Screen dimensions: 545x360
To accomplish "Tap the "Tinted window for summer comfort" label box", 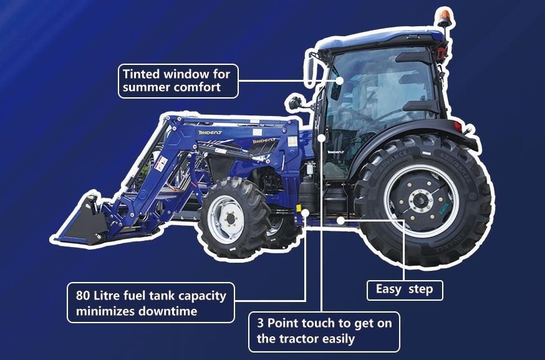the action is [x=178, y=81].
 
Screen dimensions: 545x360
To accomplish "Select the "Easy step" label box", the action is [x=405, y=290].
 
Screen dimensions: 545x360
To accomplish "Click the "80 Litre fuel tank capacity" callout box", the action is [x=151, y=303].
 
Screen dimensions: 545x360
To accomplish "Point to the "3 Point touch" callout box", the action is [x=324, y=332].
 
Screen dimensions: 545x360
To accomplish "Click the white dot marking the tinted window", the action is [x=340, y=80].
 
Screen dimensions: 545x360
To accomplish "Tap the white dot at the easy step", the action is [x=340, y=220].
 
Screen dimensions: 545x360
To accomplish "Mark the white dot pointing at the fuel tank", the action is [x=306, y=213].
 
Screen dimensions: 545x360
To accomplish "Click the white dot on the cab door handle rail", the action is [x=322, y=138].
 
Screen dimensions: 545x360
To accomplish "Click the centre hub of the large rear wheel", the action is [x=421, y=201].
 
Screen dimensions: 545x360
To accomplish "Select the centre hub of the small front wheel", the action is [x=230, y=219].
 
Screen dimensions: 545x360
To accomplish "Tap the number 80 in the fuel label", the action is [x=83, y=296].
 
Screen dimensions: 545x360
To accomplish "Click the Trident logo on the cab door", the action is [x=335, y=152].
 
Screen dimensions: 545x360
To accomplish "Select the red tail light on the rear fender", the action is [x=458, y=127].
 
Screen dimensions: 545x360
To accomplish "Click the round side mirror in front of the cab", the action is [x=295, y=102].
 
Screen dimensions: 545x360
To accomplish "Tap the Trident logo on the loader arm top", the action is [x=210, y=132].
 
